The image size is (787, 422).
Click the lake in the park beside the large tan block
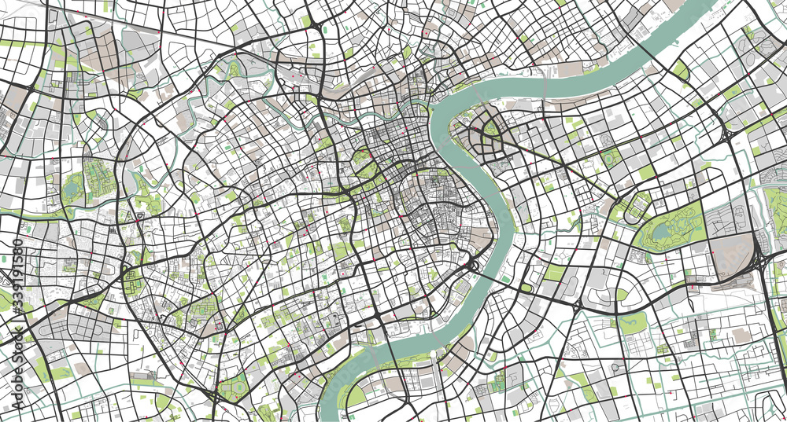(x=660, y=231)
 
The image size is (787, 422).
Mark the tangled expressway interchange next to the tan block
(x=760, y=259)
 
